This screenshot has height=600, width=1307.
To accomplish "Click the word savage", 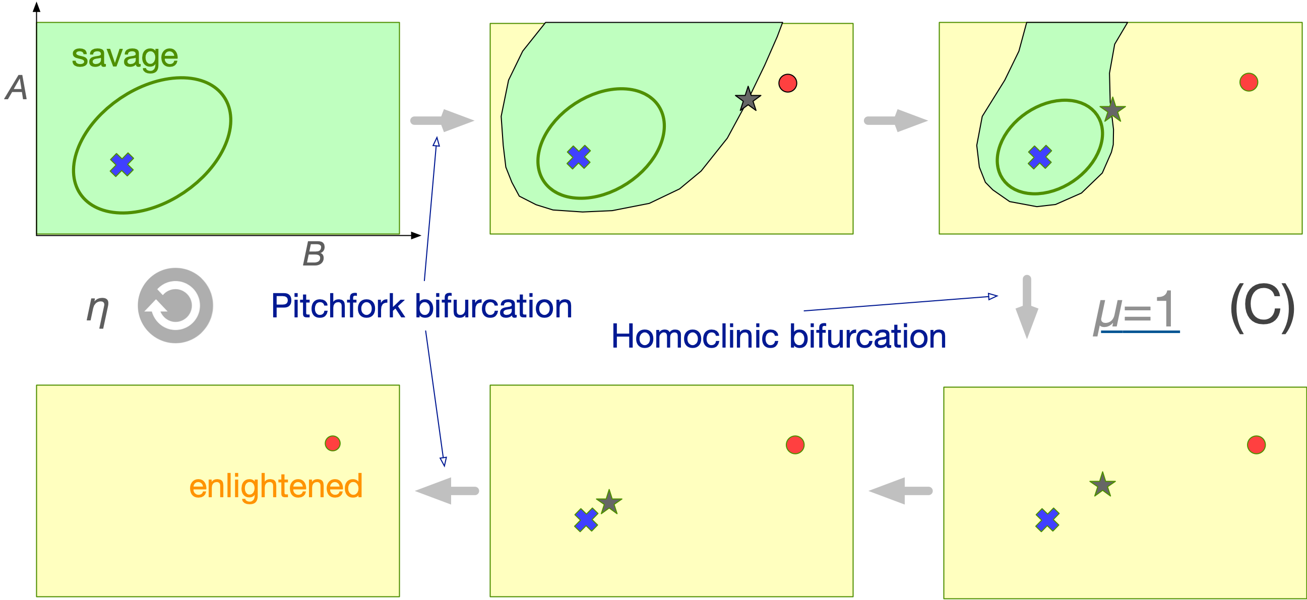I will coord(125,56).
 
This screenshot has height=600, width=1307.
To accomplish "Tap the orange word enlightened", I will coord(276,486).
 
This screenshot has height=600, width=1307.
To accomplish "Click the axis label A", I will coord(17,88).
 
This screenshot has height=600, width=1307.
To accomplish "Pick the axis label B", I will coord(314,253).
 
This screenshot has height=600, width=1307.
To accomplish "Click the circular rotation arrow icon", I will coord(175,305).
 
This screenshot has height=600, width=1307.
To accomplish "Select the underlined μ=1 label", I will coord(1136,310).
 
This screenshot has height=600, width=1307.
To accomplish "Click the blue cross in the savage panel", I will coord(122,165).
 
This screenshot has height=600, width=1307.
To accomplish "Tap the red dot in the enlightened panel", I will coord(332,443).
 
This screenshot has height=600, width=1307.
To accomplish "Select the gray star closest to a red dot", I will coord(748,99).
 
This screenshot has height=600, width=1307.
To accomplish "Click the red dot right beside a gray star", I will coord(787,83).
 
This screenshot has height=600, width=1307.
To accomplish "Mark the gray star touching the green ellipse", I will coord(1112,110).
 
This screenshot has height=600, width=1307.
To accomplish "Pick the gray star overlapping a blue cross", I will coord(609,503).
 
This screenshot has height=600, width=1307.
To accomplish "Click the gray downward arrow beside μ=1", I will coord(1027,307).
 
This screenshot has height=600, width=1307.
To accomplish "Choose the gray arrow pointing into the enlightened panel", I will coord(447,491).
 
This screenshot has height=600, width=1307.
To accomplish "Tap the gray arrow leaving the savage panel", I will coord(442,121).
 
